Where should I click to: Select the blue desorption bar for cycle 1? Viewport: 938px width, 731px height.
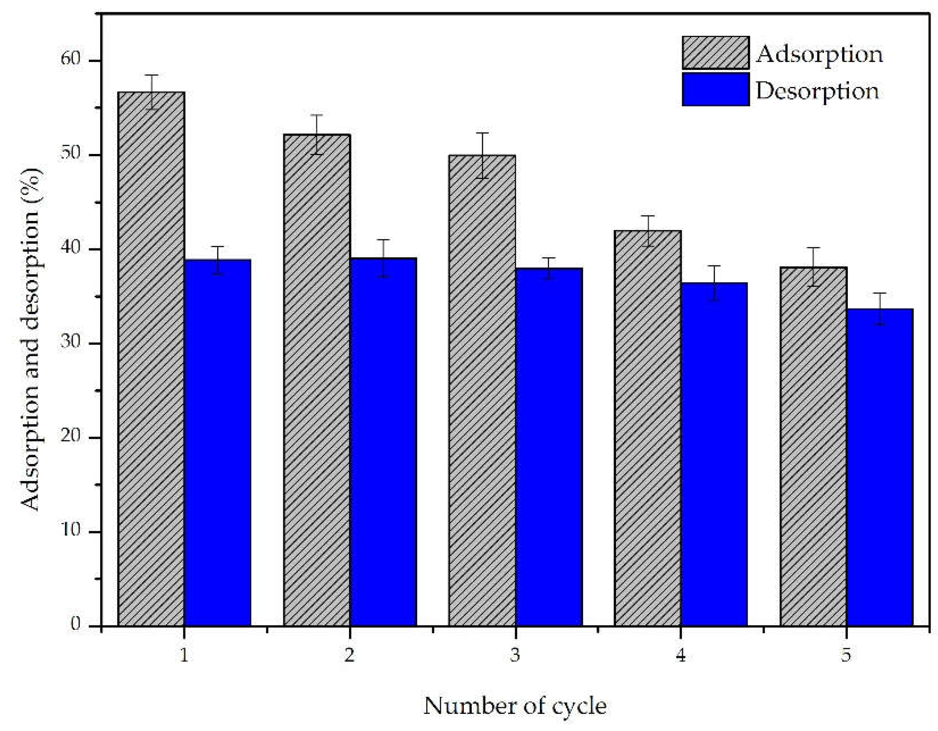coord(218,442)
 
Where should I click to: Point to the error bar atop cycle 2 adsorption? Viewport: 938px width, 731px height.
coord(317,134)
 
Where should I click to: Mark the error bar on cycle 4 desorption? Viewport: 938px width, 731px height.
coord(714,282)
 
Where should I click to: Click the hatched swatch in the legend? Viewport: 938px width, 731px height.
coord(715,52)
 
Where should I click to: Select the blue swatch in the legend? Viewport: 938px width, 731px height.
coord(715,89)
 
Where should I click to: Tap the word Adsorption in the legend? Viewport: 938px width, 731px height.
coord(819,55)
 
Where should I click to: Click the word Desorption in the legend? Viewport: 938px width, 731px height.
coord(817,91)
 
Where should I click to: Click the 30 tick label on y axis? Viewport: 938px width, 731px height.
coord(71,342)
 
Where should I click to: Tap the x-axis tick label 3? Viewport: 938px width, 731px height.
coord(515,655)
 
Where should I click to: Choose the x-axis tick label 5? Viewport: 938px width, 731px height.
coord(846,655)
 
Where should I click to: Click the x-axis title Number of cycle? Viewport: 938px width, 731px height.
coord(515,706)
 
